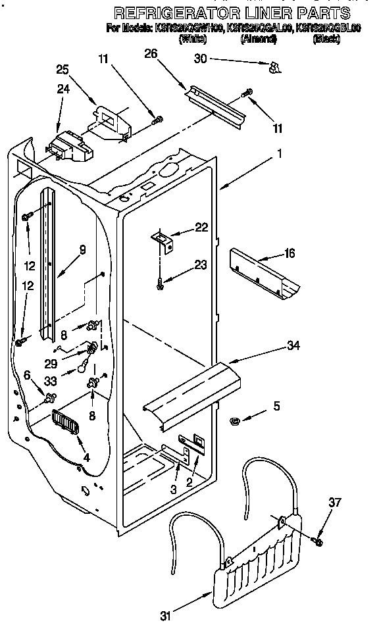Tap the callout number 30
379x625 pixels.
(200, 59)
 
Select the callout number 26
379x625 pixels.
(151, 55)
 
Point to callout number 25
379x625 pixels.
(63, 68)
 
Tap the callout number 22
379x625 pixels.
(201, 227)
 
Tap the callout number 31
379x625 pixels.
(166, 615)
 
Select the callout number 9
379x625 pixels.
(82, 249)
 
